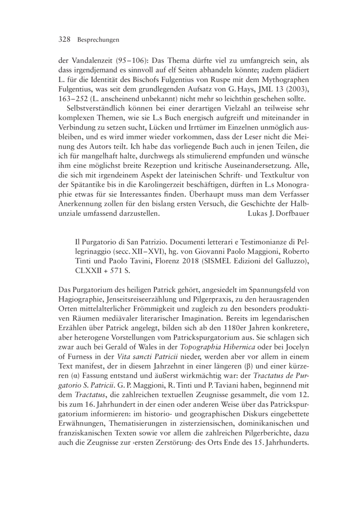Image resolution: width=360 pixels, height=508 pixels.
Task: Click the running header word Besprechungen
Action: coord(98,40)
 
